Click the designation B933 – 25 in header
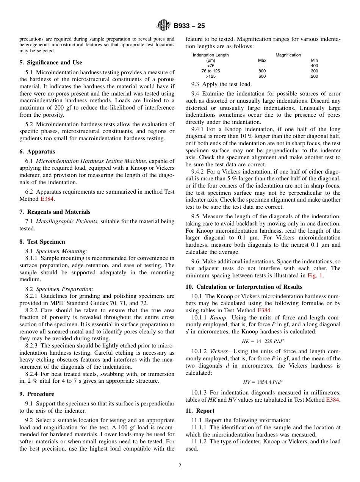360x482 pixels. point(189,26)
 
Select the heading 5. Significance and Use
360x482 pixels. point(50,63)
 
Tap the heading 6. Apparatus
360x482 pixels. point(37,152)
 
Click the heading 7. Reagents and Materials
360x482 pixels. point(55,212)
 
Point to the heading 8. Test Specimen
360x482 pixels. point(42,242)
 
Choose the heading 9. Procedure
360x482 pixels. point(36,394)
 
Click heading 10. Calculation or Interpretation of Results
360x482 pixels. point(244,287)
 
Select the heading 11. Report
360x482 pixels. point(200,411)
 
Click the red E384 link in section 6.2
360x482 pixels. point(47,199)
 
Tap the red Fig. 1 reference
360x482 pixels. point(315,275)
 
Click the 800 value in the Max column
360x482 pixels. point(262,71)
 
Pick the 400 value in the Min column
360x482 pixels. point(314,66)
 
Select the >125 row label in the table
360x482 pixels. point(211,76)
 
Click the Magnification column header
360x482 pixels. point(288,55)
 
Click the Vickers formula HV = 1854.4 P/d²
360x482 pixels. point(263,382)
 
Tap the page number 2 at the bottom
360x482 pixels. point(180,466)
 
